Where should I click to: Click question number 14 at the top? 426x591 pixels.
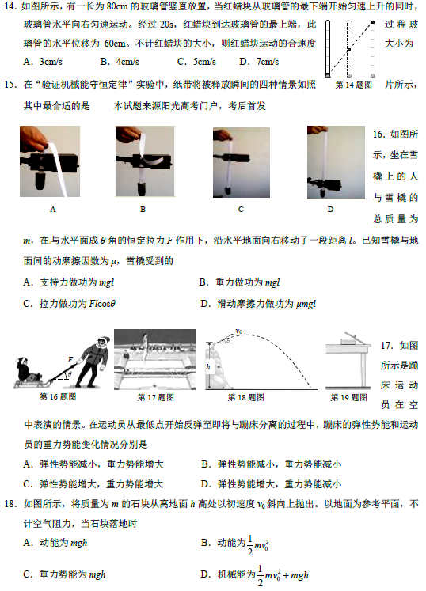[10, 6]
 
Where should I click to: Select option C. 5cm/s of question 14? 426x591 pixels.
[196, 62]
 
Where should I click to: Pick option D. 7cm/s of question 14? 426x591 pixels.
[259, 62]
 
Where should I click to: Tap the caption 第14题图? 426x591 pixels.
[354, 85]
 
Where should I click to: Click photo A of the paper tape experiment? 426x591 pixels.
[50, 161]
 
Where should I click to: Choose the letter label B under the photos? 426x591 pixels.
[143, 209]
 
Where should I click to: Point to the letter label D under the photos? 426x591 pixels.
[330, 209]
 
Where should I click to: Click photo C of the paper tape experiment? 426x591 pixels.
[242, 162]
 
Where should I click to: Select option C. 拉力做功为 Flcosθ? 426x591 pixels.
[70, 304]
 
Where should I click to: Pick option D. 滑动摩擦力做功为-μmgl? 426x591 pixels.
[258, 304]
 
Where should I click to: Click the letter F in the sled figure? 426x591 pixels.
[70, 360]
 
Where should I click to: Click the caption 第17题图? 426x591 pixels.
[155, 397]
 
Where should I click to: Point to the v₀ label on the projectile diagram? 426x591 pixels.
[239, 331]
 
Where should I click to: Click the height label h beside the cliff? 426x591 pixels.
[208, 366]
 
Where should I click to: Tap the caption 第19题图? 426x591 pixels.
[349, 397]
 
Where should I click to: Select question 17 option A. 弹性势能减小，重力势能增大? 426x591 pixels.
[93, 464]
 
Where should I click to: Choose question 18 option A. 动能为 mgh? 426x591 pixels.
[55, 543]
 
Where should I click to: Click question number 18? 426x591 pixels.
[10, 504]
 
